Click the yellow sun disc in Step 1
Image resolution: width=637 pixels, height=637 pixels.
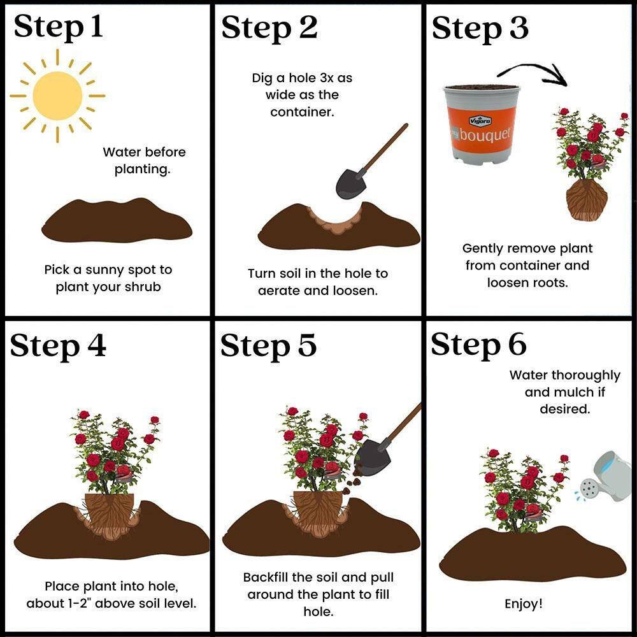pos(57,96)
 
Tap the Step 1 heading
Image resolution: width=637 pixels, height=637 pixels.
pos(58,27)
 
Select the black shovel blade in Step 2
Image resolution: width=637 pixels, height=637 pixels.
pos(352,183)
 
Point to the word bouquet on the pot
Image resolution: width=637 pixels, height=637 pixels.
pos(485,134)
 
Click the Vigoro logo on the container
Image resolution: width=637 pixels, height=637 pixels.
pos(480,120)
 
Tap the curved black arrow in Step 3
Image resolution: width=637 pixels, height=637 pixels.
pos(532,73)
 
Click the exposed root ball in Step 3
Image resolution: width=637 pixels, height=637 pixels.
pos(587,200)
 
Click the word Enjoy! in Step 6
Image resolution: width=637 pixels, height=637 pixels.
pos(523,603)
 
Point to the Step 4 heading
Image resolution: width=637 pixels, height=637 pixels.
pos(58,346)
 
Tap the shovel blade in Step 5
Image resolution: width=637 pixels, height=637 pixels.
pos(372,456)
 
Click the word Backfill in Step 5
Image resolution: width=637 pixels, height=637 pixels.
pos(266,577)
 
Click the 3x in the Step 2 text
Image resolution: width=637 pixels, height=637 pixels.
pos(328,78)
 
